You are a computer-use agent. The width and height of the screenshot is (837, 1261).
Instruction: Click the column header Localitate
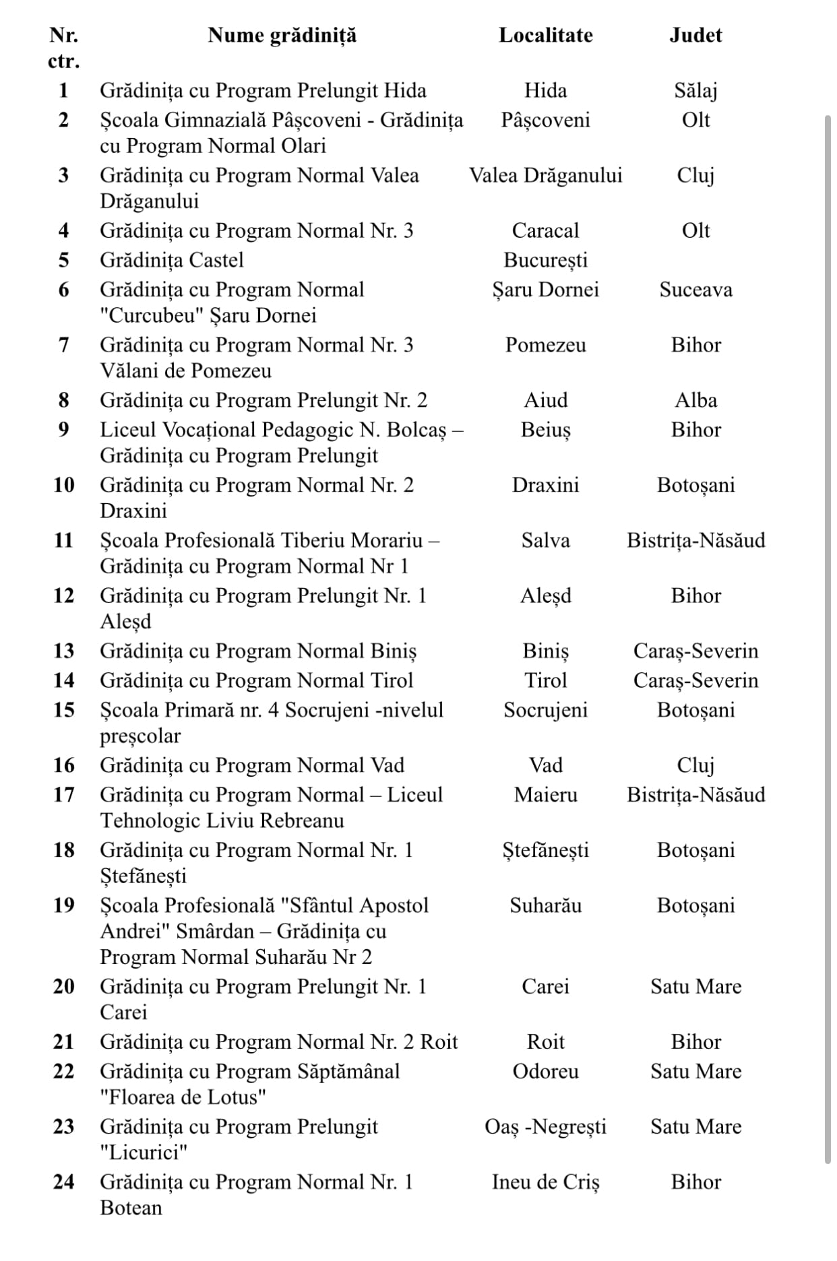point(545,35)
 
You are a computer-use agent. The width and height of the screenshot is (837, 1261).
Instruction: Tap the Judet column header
point(695,35)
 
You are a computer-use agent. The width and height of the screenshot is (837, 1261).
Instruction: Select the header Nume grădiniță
point(282,35)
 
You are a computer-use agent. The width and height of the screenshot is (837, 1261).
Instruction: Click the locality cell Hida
point(545,90)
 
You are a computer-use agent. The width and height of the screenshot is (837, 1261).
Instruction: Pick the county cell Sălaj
point(695,90)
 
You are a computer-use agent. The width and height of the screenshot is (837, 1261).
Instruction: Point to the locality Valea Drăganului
point(545,175)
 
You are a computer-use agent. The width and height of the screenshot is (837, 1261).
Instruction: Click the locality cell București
point(545,260)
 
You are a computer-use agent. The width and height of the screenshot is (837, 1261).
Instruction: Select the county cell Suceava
point(695,290)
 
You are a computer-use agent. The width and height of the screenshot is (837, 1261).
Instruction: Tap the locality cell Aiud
point(545,400)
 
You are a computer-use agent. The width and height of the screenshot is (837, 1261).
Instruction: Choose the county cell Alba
point(695,400)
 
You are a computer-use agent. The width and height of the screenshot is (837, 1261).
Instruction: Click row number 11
point(63,540)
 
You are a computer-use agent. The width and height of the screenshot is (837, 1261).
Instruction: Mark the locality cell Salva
point(545,540)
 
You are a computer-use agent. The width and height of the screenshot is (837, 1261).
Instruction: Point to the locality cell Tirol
point(545,680)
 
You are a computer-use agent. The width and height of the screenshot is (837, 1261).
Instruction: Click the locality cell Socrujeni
point(545,710)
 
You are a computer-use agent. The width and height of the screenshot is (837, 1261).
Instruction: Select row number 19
point(63,905)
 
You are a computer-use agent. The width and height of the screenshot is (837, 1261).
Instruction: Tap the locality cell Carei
point(545,986)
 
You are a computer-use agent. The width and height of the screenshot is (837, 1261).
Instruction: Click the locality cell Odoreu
point(545,1071)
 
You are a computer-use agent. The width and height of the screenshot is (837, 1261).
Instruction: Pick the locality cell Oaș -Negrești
point(545,1126)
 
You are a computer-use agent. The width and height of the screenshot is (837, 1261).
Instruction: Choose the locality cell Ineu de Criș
point(545,1182)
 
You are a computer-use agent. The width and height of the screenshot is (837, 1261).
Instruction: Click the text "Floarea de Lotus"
point(183,1097)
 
